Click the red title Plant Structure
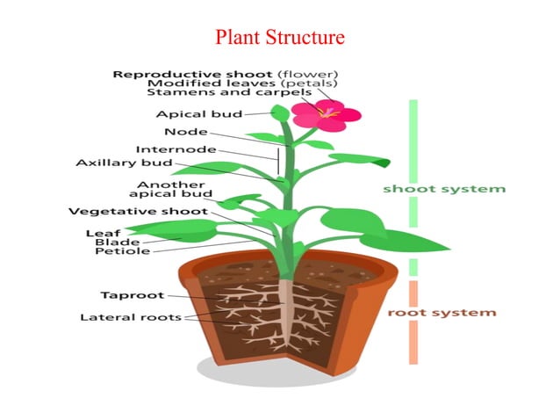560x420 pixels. click(x=279, y=37)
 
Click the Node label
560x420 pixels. click(x=185, y=132)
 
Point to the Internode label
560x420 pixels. click(x=175, y=148)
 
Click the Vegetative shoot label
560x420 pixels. click(x=138, y=211)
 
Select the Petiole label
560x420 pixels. click(x=122, y=251)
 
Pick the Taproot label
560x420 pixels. click(x=127, y=295)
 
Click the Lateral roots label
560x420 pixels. click(x=130, y=316)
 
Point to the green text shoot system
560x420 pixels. click(x=444, y=188)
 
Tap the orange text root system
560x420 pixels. click(x=442, y=312)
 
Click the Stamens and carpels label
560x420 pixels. click(x=230, y=91)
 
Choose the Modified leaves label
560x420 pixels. click(x=197, y=83)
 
